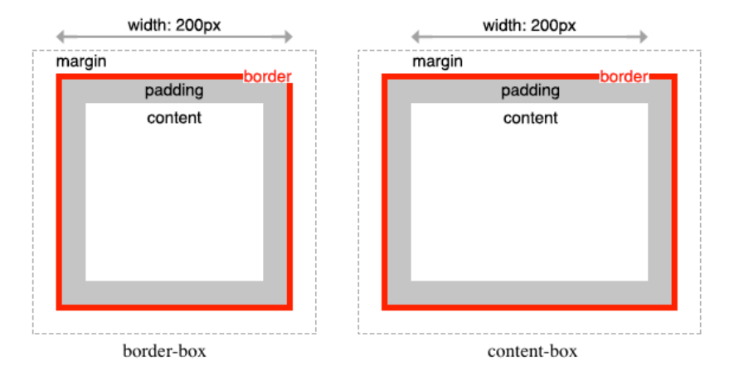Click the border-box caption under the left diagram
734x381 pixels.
[164, 351]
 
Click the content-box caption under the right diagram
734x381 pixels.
[532, 351]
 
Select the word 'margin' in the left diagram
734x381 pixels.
[81, 62]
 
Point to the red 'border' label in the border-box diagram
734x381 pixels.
[267, 77]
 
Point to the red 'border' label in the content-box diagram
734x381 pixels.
[624, 77]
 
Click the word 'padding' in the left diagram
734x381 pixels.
[174, 90]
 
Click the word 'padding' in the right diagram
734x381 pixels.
[531, 90]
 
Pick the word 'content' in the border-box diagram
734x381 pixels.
[174, 117]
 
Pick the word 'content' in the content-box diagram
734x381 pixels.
[531, 117]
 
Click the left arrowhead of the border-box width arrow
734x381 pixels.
[61, 37]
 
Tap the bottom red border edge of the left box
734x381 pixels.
[174, 307]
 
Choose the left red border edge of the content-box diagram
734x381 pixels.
[385, 191]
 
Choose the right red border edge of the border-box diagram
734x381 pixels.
[289, 191]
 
